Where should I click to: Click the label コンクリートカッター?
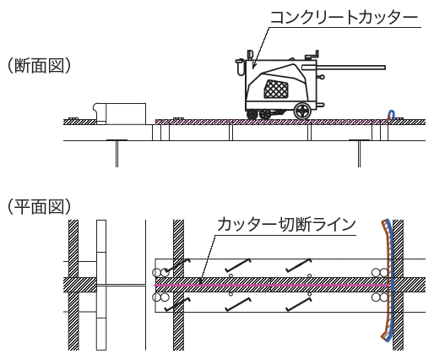click(x=344, y=18)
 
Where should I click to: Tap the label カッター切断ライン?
click(x=286, y=225)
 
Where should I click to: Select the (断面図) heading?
click(x=39, y=66)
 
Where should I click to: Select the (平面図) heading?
click(x=39, y=206)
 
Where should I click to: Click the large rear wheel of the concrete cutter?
click(x=302, y=111)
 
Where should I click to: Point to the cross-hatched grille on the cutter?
click(x=276, y=89)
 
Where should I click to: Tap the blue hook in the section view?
click(x=391, y=115)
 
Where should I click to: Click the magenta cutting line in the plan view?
click(x=272, y=286)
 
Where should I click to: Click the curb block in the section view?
click(x=120, y=114)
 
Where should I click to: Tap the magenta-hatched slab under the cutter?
click(x=270, y=122)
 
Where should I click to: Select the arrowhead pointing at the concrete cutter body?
click(x=254, y=66)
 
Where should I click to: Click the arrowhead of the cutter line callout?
click(x=200, y=281)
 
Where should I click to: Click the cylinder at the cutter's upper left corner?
click(x=240, y=67)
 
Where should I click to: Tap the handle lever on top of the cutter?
click(x=312, y=55)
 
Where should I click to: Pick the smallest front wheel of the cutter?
click(x=252, y=115)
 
